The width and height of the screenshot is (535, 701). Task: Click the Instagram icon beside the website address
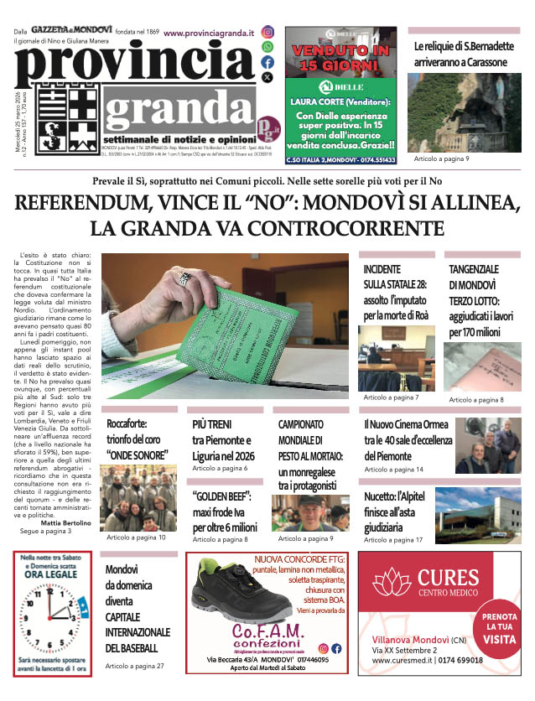click(267, 33)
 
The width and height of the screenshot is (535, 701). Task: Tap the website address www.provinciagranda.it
click(209, 34)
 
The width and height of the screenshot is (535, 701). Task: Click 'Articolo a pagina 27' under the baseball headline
click(135, 666)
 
